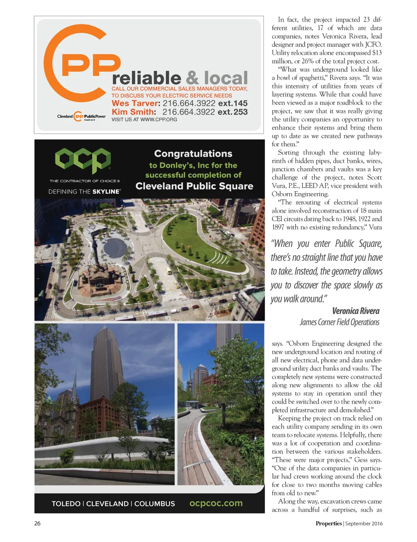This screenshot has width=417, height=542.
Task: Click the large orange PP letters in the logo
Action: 91,65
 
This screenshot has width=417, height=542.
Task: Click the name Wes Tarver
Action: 135,104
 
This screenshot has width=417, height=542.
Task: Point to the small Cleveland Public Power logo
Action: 81,117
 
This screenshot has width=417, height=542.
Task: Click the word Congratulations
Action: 193,154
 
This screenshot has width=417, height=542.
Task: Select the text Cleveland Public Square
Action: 194,186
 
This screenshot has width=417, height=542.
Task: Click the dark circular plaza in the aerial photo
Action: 115,247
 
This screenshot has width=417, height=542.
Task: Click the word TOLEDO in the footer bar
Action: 66,504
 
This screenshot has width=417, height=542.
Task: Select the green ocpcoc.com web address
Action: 216,503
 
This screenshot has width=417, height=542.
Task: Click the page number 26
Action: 37,524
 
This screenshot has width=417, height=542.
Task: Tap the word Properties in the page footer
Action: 328,524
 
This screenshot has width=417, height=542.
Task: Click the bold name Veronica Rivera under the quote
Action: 356,311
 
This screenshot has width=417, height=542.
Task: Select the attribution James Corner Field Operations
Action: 340,322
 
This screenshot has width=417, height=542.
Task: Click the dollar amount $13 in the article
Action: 377,53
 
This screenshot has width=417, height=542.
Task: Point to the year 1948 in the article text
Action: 345,219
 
